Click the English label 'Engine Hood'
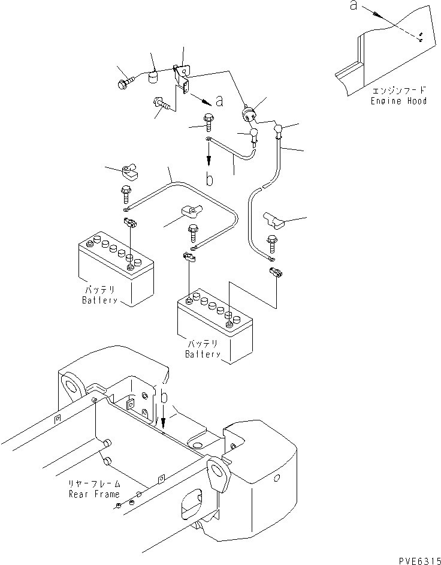click(399, 101)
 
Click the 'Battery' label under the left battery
click(99, 300)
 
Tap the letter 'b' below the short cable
click(210, 179)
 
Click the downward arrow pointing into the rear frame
click(164, 419)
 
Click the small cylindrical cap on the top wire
click(153, 78)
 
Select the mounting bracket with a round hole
click(183, 75)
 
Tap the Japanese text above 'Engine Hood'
click(398, 90)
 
